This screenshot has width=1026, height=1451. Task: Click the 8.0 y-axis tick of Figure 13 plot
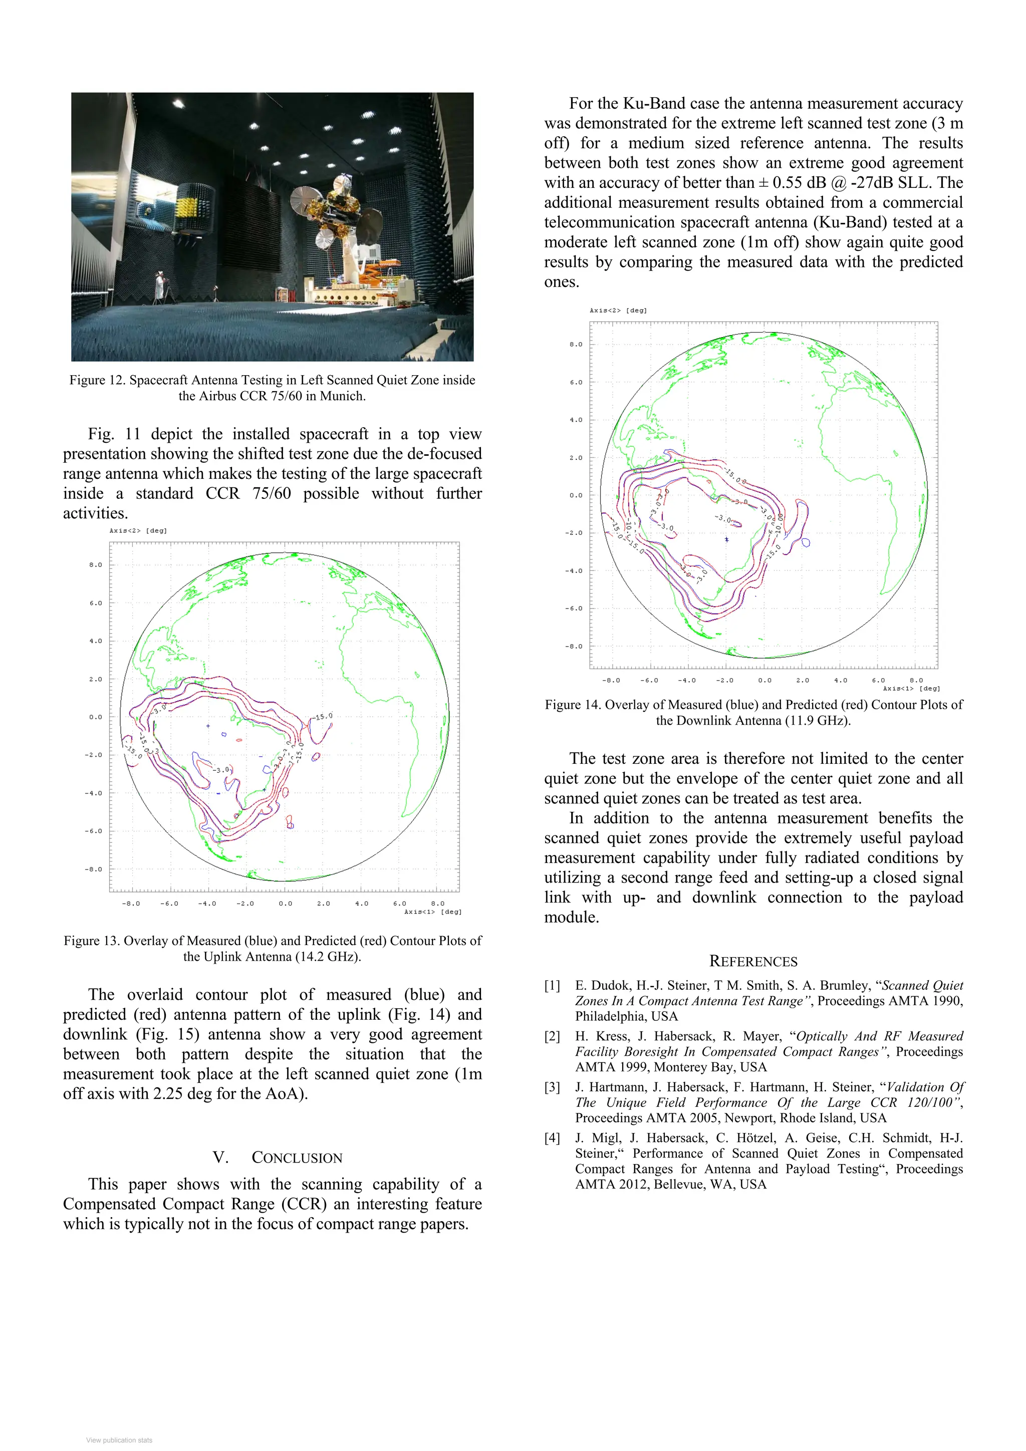tap(96, 565)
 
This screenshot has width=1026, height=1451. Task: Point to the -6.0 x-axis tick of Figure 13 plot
tap(169, 903)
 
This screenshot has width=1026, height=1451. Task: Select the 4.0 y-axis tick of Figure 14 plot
tap(576, 420)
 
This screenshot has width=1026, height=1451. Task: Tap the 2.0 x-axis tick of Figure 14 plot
tap(802, 680)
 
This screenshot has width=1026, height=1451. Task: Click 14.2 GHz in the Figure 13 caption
tap(327, 956)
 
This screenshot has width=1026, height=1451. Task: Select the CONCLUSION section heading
tap(297, 1158)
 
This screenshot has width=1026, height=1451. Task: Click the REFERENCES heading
tap(753, 961)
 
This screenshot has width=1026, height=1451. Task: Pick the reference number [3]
tap(552, 1087)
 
